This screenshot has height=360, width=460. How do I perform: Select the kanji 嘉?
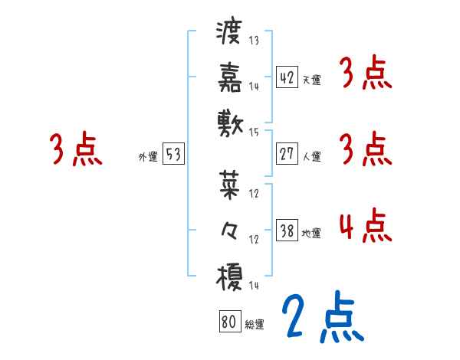pos(229,78)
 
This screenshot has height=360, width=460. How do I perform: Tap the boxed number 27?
pos(287,154)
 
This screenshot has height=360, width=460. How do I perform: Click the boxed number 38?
pos(287,231)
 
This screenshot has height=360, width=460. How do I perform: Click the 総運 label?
pos(255,325)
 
